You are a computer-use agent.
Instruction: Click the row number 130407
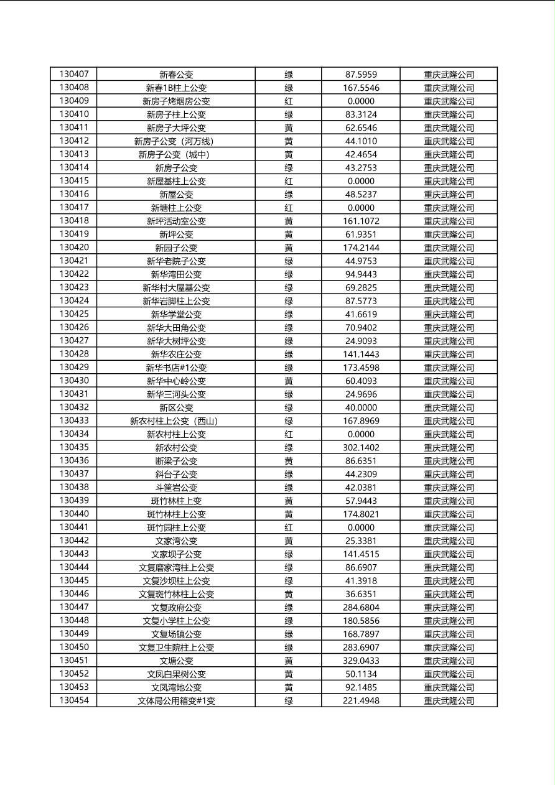[x=73, y=74]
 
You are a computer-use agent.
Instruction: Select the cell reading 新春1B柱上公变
[x=176, y=88]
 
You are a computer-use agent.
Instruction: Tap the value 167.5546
[x=361, y=88]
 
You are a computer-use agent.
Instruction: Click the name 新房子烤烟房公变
[x=176, y=101]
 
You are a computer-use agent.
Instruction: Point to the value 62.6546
[x=361, y=128]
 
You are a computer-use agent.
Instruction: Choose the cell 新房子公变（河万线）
[x=176, y=141]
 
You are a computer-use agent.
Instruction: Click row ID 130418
[x=73, y=221]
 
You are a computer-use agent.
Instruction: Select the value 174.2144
[x=361, y=248]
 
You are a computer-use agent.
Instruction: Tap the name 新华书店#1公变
[x=176, y=368]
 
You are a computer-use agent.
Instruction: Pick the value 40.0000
[x=361, y=407]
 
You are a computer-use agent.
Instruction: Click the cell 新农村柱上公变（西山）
[x=176, y=421]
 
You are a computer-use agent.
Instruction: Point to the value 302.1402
[x=361, y=447]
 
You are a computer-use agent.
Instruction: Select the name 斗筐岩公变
[x=176, y=488]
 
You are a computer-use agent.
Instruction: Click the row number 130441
[x=73, y=527]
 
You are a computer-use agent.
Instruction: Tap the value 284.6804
[x=361, y=607]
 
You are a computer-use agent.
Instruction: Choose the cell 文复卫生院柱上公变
[x=176, y=648]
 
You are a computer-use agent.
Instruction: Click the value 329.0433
[x=361, y=661]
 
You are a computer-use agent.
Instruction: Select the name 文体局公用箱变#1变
[x=176, y=700]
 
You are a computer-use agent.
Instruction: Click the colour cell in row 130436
[x=289, y=461]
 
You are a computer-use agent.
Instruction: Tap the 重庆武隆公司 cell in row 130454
[x=449, y=700]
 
